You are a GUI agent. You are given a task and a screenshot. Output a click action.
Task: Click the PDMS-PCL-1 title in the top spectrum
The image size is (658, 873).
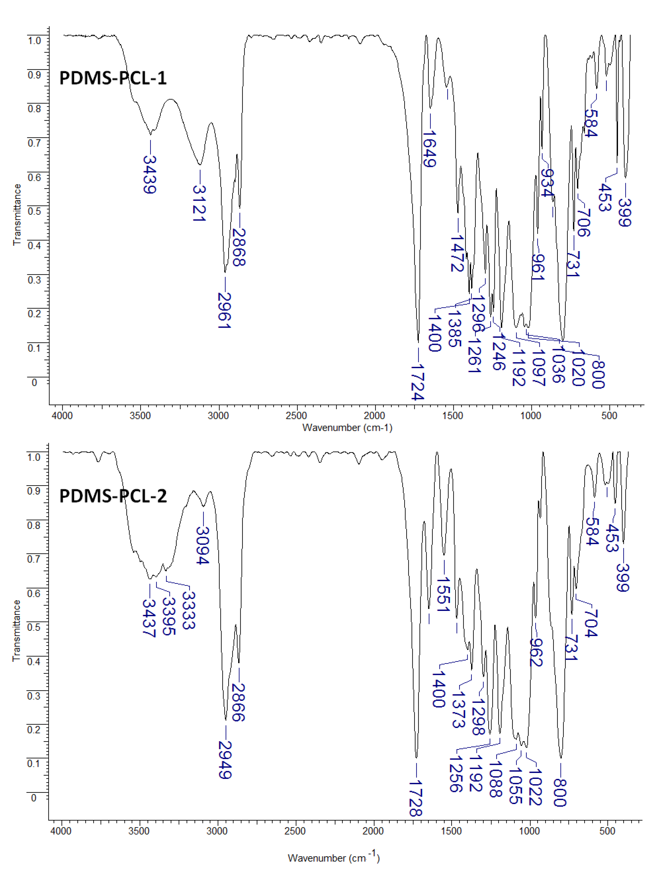point(113,78)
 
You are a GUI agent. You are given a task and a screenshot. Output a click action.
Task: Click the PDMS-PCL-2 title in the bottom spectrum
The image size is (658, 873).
point(113,496)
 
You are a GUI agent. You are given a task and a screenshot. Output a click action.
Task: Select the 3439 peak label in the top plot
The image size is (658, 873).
point(149,175)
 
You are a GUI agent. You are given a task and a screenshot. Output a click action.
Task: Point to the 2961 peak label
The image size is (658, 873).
point(224,311)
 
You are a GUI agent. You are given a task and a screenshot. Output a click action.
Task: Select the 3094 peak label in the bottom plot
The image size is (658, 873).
point(202,545)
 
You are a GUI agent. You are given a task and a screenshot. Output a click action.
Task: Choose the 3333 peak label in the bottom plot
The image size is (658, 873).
point(189,610)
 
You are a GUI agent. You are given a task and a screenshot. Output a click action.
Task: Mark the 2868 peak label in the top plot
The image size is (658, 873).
point(239,247)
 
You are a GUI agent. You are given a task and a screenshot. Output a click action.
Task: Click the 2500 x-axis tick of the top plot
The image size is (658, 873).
point(296,415)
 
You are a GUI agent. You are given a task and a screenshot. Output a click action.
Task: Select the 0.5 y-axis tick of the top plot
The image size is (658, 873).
point(34,211)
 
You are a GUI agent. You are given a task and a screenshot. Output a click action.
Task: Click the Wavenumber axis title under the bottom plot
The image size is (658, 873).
point(334,857)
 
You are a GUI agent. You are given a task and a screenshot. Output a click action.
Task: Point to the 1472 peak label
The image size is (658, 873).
point(457,254)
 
